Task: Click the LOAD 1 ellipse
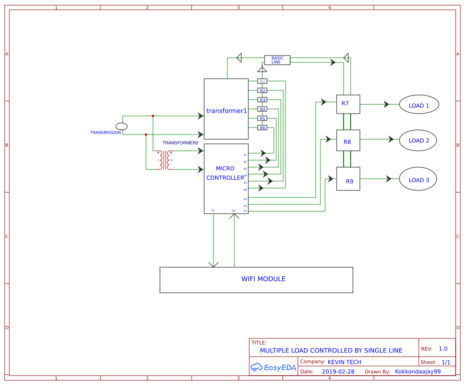[x=419, y=105]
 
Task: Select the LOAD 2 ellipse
[x=419, y=140]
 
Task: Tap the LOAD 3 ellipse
[x=418, y=180]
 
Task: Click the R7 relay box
[x=348, y=104]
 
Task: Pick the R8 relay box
[x=348, y=141]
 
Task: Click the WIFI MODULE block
[x=256, y=279]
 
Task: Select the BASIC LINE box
[x=277, y=60]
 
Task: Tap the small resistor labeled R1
[x=262, y=81]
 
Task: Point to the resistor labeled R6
[x=262, y=128]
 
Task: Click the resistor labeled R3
[x=262, y=100]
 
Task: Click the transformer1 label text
[x=226, y=111]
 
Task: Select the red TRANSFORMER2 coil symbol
[x=165, y=160]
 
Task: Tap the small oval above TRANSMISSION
[x=121, y=126]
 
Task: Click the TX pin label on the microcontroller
[x=213, y=210]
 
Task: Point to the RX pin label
[x=233, y=210]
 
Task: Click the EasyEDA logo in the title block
[x=273, y=367]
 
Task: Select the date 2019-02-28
[x=338, y=371]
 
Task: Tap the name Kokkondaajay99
[x=418, y=371]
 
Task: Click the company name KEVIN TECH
[x=344, y=362]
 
